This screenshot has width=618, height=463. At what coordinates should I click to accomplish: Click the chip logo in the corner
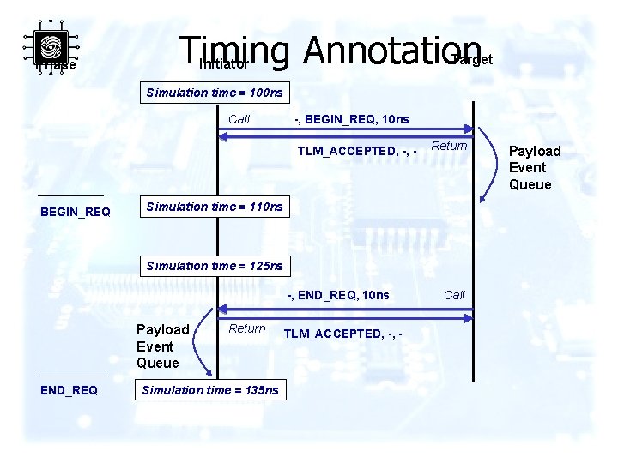[51, 46]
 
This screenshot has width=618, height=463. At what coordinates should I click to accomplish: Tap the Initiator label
[224, 63]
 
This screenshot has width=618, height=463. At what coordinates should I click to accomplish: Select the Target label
[471, 59]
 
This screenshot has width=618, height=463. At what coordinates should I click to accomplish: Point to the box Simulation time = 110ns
[215, 207]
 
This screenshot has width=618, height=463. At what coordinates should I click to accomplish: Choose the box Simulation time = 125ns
[215, 266]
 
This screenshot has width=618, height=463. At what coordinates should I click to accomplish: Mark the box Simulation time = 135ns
[210, 390]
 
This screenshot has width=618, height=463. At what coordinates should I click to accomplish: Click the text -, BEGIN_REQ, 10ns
[351, 118]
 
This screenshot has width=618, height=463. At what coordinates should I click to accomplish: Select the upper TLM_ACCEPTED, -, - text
[357, 152]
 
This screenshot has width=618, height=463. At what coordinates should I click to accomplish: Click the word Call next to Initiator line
[239, 119]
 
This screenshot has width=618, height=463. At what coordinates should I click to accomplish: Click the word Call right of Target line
[454, 295]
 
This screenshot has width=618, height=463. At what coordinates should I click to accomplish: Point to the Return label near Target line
[449, 146]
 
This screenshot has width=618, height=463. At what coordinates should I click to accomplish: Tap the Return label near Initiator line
[247, 328]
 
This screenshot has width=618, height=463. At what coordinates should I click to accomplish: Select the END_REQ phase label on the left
[69, 390]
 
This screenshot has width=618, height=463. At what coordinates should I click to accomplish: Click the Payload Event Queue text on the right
[535, 168]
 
